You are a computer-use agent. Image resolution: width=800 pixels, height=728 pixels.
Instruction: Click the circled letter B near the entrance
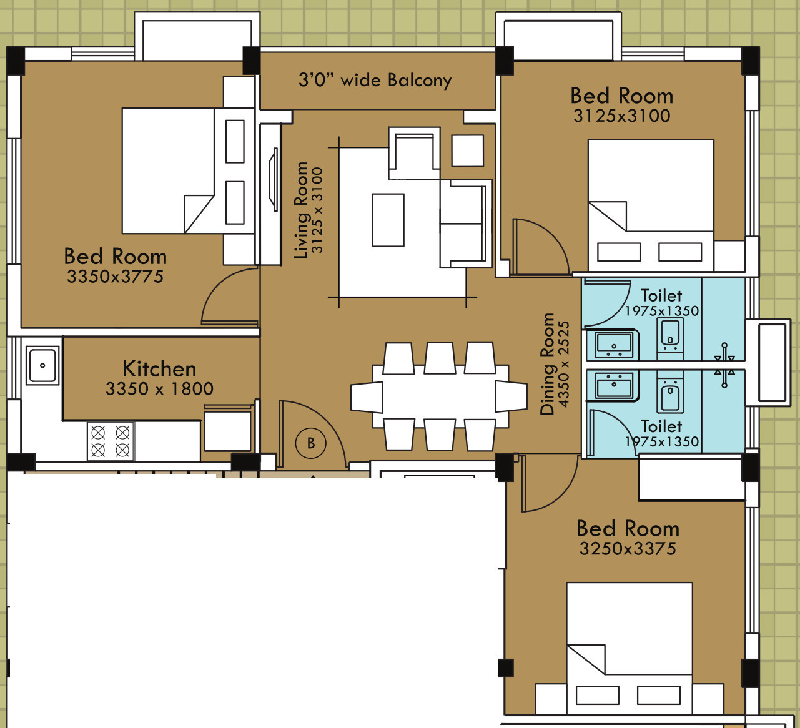coord(310,443)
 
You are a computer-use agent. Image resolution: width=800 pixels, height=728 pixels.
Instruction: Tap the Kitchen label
coord(159,369)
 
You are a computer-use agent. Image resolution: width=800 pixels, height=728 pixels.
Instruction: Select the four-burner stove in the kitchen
coord(111,441)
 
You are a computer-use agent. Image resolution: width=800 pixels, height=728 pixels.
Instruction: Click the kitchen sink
coord(42,365)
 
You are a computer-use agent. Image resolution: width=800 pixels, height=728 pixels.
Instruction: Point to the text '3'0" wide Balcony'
coord(375,80)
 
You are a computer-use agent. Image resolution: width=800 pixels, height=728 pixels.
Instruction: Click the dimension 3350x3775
coord(116,277)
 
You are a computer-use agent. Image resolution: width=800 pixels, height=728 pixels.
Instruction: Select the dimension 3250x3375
coord(628,549)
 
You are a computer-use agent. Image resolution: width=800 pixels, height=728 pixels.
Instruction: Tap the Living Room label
coord(301,210)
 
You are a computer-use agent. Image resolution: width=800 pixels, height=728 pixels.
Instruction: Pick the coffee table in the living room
coord(388,220)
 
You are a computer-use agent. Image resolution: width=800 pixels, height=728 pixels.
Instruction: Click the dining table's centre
coord(440,396)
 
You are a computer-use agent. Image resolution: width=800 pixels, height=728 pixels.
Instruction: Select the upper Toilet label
coord(661,295)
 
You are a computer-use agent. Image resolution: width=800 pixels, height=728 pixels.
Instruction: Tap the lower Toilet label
coord(661,426)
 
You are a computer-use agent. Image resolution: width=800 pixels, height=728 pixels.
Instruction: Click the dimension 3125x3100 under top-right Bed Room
coord(622,116)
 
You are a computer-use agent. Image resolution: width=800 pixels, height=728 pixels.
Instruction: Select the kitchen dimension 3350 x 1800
coord(159,389)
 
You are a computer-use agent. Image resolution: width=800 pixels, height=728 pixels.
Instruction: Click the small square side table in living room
coord(467,150)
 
